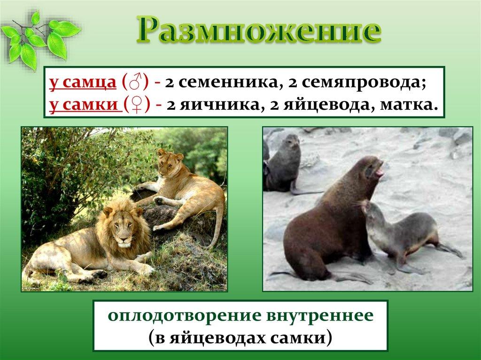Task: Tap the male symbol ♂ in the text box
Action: [x=135, y=82]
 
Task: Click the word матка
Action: [x=408, y=105]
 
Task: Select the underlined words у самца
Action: [x=83, y=83]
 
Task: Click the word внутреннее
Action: [x=320, y=315]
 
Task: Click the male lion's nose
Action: [x=124, y=237]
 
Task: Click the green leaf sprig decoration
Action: [x=39, y=38]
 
